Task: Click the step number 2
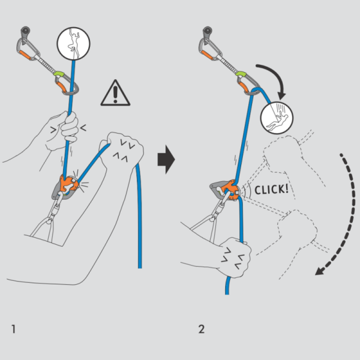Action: (202, 329)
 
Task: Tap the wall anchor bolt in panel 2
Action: (208, 31)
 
